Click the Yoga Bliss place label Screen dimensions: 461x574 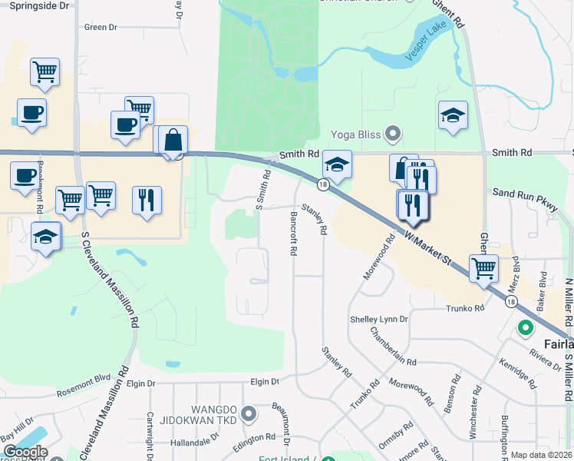355,134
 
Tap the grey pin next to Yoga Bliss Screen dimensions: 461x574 394,134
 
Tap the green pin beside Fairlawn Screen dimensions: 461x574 526,329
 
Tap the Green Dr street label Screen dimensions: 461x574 101,27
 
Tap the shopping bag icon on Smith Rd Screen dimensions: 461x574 173,141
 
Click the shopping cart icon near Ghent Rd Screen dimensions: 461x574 483,269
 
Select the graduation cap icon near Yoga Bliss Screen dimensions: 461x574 337,164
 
